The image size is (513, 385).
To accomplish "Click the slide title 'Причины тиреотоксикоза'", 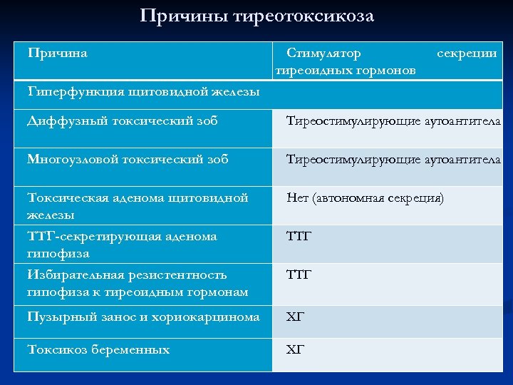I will pyautogui.click(x=256, y=15).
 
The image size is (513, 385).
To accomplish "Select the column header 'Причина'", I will pyautogui.click(x=58, y=53).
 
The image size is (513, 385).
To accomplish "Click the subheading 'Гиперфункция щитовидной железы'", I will pyautogui.click(x=143, y=91).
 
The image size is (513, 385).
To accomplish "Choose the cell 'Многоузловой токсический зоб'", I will pyautogui.click(x=128, y=159).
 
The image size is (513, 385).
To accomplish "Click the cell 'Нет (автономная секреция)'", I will pyautogui.click(x=365, y=197).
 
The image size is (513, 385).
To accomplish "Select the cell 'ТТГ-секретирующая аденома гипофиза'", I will pyautogui.click(x=122, y=244).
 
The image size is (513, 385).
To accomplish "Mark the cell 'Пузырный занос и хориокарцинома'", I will pyautogui.click(x=143, y=317).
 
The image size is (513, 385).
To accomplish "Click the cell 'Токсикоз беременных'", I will pyautogui.click(x=98, y=349).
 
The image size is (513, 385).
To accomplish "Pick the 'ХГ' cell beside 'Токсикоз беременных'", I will pyautogui.click(x=295, y=349).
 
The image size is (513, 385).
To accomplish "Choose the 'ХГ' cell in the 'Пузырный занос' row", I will pyautogui.click(x=295, y=317).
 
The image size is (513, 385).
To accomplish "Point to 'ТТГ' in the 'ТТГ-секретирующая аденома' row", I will pyautogui.click(x=299, y=236).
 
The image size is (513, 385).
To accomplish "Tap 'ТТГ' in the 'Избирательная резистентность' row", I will pyautogui.click(x=299, y=274).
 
